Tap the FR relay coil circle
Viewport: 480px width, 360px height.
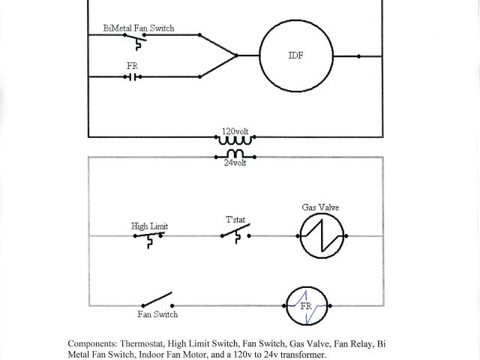308,306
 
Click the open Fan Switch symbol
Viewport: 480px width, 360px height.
156,302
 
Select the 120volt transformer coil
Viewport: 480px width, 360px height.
236,139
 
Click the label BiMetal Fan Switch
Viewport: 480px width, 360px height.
139,28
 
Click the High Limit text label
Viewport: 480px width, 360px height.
149,225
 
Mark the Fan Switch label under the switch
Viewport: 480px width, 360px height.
157,315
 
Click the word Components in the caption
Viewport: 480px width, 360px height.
91,343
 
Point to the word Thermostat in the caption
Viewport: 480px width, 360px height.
143,343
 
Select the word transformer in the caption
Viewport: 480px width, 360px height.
303,354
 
